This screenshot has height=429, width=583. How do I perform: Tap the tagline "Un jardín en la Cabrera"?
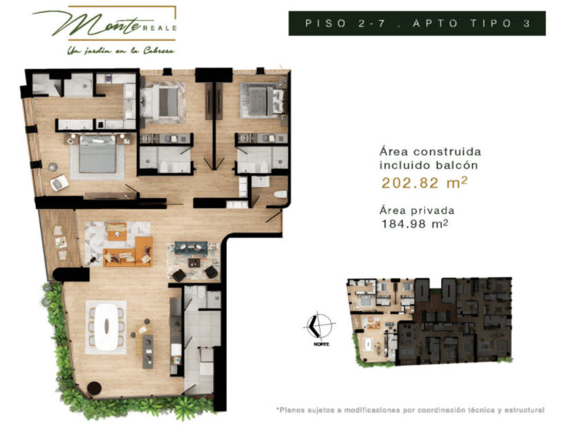click(x=120, y=50)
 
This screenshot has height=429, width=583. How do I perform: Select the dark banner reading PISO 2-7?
click(x=416, y=23)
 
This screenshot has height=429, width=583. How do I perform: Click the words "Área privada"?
click(x=417, y=210)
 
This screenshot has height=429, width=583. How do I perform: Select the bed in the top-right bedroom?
click(x=258, y=101)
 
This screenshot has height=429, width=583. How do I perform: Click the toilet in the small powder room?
click(x=280, y=194)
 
